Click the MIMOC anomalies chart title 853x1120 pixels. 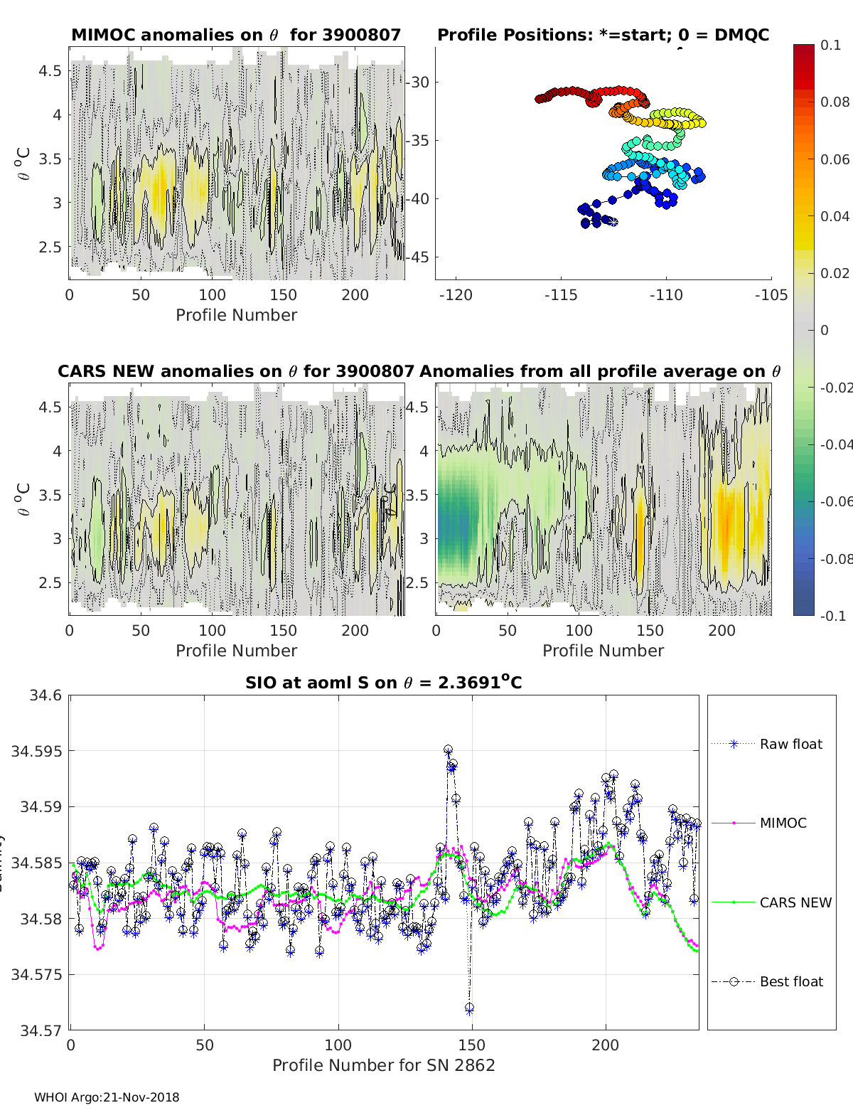point(236,35)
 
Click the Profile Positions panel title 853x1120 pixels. point(603,35)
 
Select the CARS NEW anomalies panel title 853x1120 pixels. point(235,371)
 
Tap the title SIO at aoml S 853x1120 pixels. point(383,683)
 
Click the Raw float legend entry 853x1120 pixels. point(790,744)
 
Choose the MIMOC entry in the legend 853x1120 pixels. point(783,823)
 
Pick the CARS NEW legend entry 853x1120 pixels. point(795,902)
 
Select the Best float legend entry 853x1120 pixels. point(790,981)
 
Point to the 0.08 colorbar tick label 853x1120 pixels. point(835,102)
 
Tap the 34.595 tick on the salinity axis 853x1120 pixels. point(36,751)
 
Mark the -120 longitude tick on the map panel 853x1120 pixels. point(456,294)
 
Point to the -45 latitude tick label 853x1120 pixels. point(419,257)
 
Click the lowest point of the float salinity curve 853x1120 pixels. point(469,1008)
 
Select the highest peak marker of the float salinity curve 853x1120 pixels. point(448,750)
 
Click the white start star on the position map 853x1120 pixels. point(613,223)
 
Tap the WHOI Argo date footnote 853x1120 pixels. point(107,1097)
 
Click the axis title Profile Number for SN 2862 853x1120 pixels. point(383,1065)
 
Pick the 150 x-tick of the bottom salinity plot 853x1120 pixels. point(471,1045)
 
